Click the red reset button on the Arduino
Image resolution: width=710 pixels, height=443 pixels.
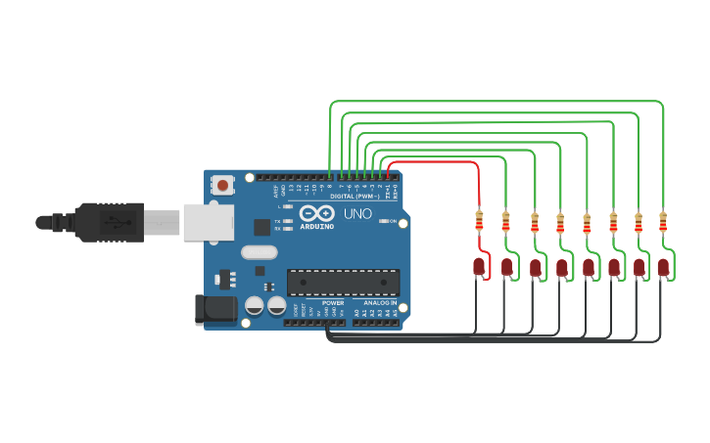click(x=223, y=185)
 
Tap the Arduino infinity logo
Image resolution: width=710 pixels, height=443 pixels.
click(x=316, y=214)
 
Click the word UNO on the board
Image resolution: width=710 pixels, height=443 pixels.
click(x=357, y=213)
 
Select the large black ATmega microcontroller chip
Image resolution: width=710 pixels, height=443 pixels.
click(x=343, y=282)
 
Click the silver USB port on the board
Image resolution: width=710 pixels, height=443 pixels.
click(x=209, y=223)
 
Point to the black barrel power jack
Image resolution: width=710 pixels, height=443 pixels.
click(x=216, y=310)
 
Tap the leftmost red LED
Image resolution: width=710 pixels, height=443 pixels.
click(x=479, y=265)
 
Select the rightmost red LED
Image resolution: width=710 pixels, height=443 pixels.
click(x=663, y=266)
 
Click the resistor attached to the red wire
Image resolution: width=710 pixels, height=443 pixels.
click(x=479, y=221)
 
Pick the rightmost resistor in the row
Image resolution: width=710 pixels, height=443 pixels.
click(x=663, y=221)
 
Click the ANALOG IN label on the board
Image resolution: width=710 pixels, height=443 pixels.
click(x=380, y=303)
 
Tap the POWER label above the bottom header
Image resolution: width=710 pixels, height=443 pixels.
click(x=333, y=303)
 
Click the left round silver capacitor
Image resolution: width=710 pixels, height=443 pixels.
click(x=254, y=305)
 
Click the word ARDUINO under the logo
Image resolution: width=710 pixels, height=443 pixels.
click(x=316, y=226)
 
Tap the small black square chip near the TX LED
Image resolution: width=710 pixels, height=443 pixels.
click(x=261, y=227)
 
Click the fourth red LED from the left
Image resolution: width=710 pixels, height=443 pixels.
click(x=561, y=266)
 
